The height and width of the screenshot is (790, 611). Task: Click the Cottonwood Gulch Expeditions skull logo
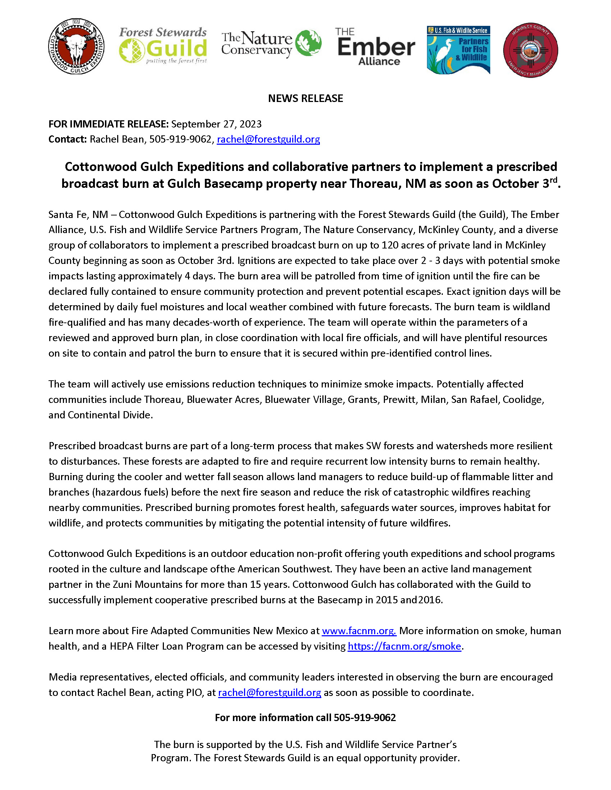pos(76,47)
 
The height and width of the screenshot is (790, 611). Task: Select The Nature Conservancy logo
pos(271,44)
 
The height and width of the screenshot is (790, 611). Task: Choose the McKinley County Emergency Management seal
pos(530,50)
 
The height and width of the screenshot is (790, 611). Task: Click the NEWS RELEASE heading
pos(305,98)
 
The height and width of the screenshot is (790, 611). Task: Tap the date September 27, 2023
pos(216,124)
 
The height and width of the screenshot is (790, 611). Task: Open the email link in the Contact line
pos(268,139)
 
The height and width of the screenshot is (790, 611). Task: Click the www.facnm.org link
pos(359,631)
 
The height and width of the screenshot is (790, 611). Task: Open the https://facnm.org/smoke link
pos(404,646)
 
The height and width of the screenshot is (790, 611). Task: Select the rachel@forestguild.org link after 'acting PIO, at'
pos(269,693)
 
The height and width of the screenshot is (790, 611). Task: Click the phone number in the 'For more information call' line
pos(364,718)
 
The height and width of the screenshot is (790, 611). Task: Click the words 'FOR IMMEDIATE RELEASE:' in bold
pos(109,124)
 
